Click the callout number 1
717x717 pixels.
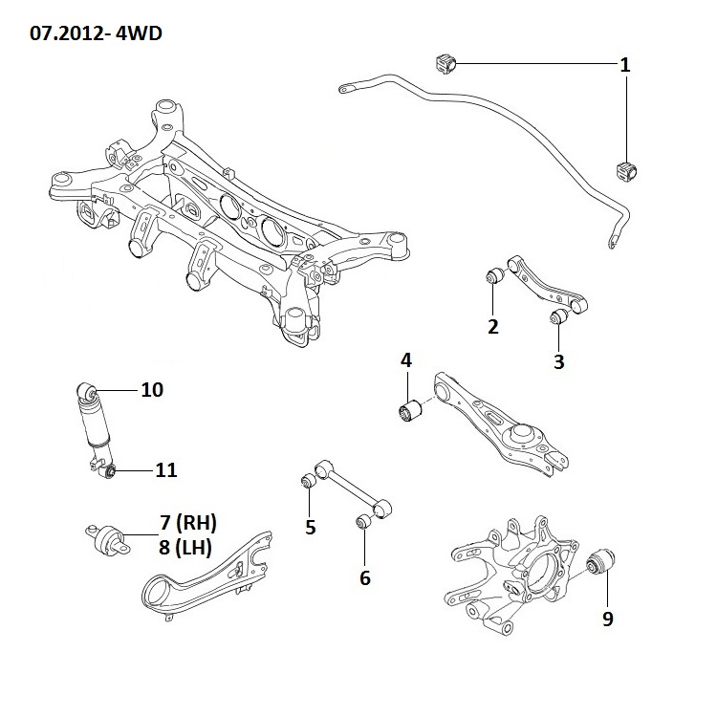(624, 66)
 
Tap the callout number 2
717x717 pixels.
(493, 326)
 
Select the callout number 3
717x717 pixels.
(559, 361)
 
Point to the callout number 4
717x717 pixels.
(406, 360)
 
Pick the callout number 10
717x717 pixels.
(152, 390)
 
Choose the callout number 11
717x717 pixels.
(165, 469)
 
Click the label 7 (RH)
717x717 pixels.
(188, 522)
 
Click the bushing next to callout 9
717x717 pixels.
(603, 561)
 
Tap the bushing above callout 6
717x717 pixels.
(363, 521)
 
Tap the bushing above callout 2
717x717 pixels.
(495, 277)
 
